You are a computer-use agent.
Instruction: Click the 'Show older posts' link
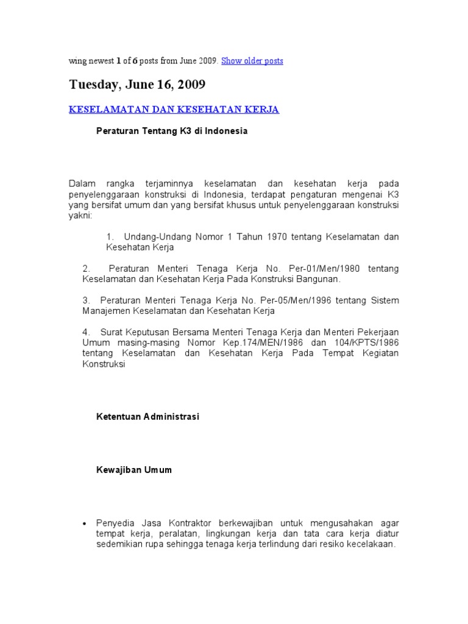252,61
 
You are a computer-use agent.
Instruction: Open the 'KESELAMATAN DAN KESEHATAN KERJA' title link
174,110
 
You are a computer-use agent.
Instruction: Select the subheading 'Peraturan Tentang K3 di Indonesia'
172,131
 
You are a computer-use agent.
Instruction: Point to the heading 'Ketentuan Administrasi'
148,417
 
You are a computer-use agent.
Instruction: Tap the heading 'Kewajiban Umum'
134,470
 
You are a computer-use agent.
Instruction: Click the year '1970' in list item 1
277,236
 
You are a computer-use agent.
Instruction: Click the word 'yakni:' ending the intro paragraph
80,216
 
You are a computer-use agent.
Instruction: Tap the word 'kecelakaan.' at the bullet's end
372,545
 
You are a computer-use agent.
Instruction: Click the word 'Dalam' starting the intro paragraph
79,183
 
